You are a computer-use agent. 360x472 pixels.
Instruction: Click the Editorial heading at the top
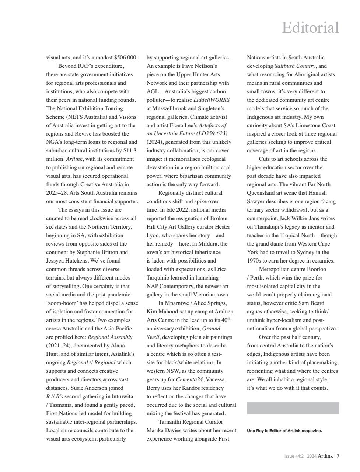(x=310, y=28)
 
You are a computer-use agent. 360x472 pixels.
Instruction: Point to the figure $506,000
(x=126, y=58)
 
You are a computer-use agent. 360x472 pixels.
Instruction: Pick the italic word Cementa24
(x=189, y=379)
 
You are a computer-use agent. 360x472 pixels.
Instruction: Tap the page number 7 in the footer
(x=338, y=456)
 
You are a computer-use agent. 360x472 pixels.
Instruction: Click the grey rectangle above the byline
(x=293, y=408)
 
